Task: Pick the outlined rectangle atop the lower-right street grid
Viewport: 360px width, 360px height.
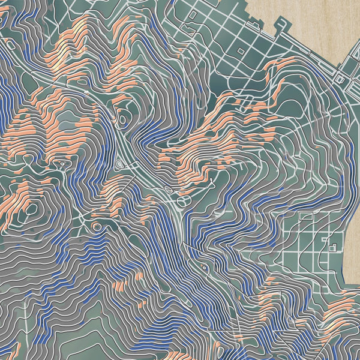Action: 305,215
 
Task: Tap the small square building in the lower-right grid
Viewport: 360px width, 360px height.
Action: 332,247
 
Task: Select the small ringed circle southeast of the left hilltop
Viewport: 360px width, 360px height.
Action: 96,226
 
